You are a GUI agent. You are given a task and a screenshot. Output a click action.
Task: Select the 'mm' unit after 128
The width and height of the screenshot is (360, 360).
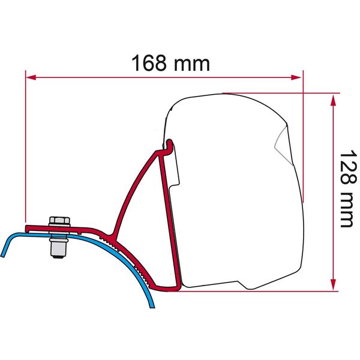(345, 209)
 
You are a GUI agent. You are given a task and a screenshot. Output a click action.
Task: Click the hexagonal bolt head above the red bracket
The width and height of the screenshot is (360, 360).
(58, 221)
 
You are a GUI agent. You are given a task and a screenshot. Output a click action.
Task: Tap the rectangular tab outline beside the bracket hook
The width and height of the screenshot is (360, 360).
(176, 168)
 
